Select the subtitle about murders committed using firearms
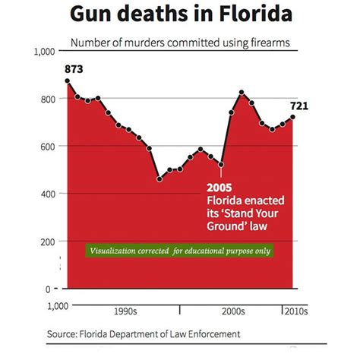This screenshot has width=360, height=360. (x=180, y=43)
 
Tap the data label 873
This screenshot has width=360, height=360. (x=74, y=70)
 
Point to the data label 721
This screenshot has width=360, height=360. (x=297, y=106)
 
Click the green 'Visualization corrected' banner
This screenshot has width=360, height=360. (x=180, y=251)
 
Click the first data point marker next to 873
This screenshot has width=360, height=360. (x=67, y=81)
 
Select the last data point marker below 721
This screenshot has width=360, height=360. (x=293, y=116)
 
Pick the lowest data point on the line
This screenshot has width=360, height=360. (x=159, y=179)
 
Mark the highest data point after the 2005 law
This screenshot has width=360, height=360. (x=242, y=93)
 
